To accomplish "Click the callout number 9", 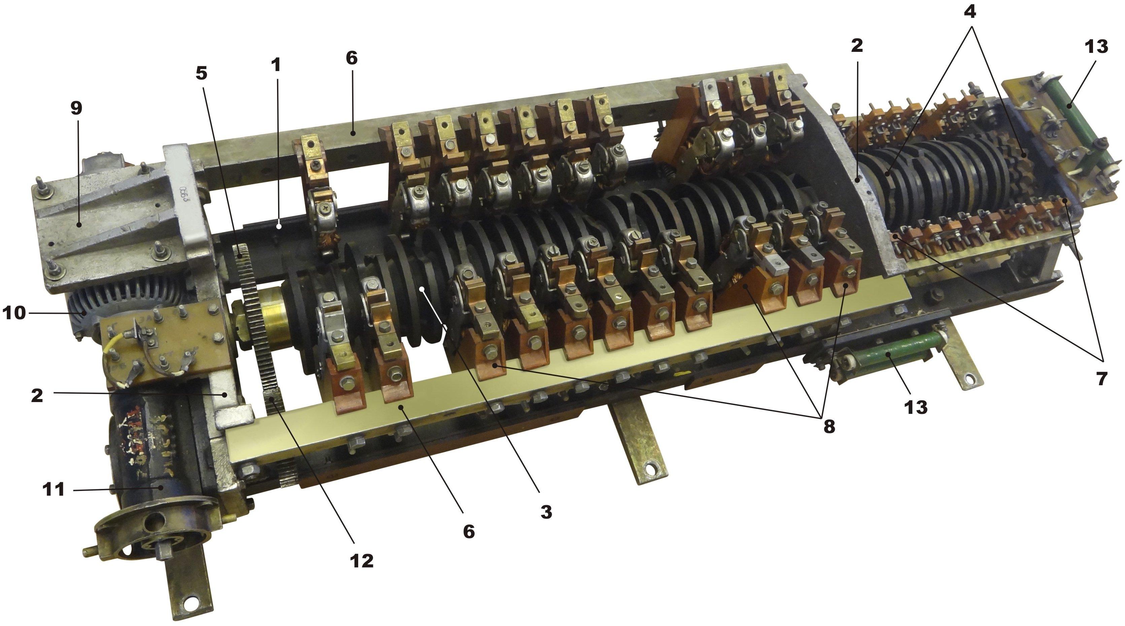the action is tap(76, 109).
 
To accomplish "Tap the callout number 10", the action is tap(14, 313).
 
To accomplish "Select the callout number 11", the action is tap(54, 489).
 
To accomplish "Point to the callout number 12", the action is tap(362, 561).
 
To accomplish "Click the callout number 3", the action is tap(546, 512).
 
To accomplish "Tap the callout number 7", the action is tap(1102, 378).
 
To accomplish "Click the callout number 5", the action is tap(201, 73).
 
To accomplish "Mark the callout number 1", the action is tap(276, 65).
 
